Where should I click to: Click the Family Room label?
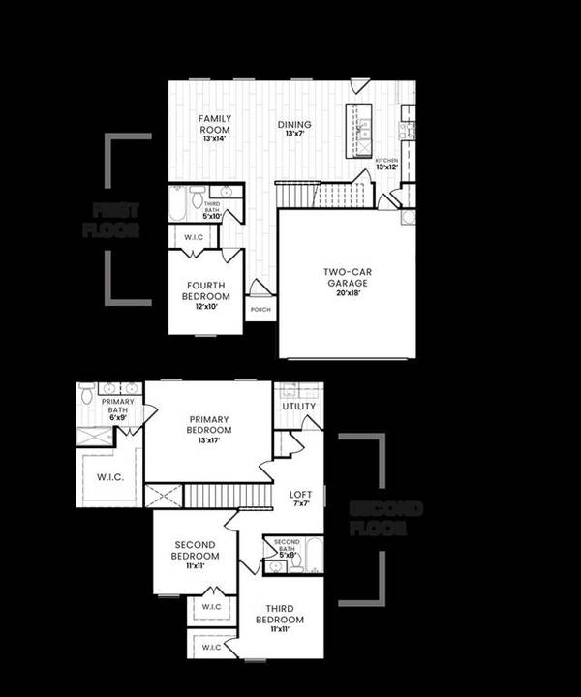(214, 123)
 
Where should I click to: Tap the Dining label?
(294, 125)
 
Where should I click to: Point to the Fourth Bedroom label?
(206, 290)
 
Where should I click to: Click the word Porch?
(260, 311)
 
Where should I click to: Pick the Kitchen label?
(386, 160)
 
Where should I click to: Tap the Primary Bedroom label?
(209, 424)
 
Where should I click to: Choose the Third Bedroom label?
(280, 614)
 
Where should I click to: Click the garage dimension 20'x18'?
(349, 294)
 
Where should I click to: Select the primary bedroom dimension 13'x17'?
(209, 440)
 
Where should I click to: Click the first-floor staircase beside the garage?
(296, 194)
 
